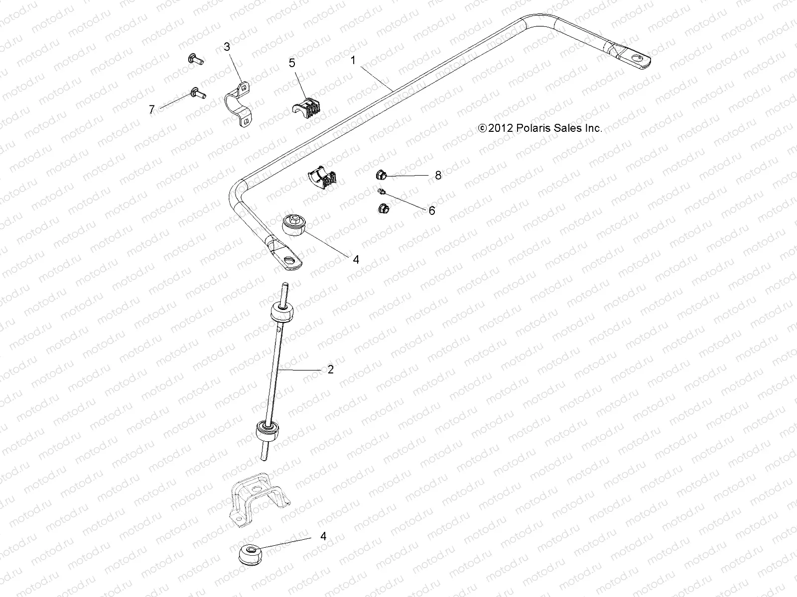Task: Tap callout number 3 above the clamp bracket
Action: (227, 47)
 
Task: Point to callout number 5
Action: (292, 63)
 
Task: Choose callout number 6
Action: (431, 211)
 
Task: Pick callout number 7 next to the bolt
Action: (152, 109)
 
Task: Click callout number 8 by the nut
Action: (438, 175)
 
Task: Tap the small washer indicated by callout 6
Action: (382, 191)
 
